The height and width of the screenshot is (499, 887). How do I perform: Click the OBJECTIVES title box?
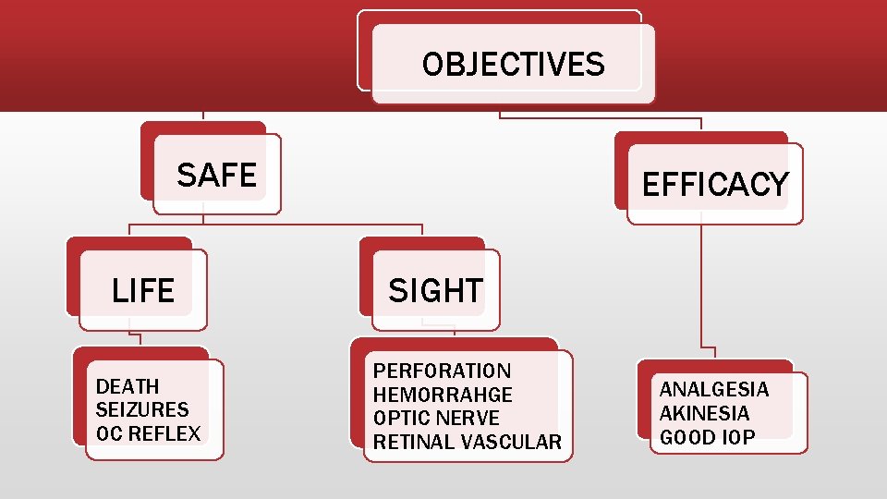[513, 64]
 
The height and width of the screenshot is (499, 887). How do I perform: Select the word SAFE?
[216, 174]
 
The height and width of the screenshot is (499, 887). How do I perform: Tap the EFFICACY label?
[714, 185]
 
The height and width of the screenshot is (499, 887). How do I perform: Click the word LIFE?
[142, 291]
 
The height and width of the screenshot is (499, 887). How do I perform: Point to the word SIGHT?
[434, 291]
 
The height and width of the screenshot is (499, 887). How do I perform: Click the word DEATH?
[128, 386]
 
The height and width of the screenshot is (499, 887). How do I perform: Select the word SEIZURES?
[141, 409]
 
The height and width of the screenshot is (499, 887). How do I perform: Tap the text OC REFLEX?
[148, 433]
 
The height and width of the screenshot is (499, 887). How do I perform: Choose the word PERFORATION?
[442, 371]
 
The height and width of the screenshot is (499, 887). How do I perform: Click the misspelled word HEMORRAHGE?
[443, 395]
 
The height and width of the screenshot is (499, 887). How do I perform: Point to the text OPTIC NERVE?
[436, 419]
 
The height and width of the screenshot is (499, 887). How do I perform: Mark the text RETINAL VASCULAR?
[467, 443]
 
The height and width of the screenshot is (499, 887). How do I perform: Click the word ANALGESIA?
[713, 389]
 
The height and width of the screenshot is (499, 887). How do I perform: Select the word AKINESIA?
[704, 413]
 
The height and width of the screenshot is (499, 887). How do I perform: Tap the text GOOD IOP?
[707, 437]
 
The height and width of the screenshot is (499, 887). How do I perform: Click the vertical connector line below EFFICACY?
[701, 286]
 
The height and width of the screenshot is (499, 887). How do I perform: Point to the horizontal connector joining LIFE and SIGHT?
[277, 224]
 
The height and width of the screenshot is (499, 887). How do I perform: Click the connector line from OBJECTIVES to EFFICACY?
[601, 117]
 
